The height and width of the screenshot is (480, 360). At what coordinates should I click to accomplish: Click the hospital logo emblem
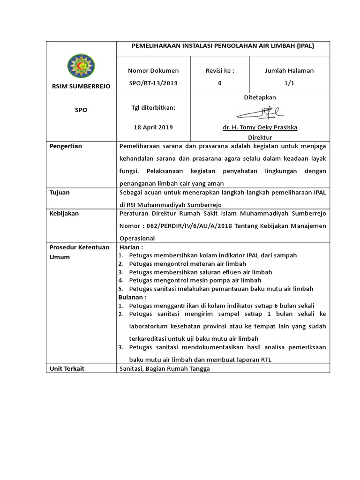(81, 66)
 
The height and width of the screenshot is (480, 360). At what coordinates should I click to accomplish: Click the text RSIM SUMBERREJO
(81, 86)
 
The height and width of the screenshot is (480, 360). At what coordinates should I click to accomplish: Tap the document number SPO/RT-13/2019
(153, 83)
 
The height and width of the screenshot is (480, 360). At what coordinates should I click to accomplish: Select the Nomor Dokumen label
(153, 71)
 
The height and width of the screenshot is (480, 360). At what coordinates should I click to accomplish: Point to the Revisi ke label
(219, 71)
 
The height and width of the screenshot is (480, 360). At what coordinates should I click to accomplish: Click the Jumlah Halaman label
(289, 71)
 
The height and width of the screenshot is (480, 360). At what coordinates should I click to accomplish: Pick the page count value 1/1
(289, 83)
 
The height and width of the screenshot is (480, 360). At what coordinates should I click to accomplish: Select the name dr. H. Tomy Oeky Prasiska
(260, 127)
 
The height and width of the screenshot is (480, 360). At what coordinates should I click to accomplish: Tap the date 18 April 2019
(153, 127)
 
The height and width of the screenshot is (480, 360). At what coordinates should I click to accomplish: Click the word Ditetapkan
(260, 97)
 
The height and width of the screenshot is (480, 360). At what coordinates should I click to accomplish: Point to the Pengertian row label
(66, 146)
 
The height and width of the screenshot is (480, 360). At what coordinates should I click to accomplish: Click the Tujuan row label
(60, 192)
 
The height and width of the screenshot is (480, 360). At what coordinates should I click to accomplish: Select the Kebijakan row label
(64, 214)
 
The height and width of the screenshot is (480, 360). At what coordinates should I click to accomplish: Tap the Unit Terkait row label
(67, 369)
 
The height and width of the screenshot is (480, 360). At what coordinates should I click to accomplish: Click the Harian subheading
(131, 247)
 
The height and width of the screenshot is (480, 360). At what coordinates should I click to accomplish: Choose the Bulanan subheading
(132, 297)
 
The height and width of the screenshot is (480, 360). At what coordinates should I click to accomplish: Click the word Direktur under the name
(260, 137)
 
